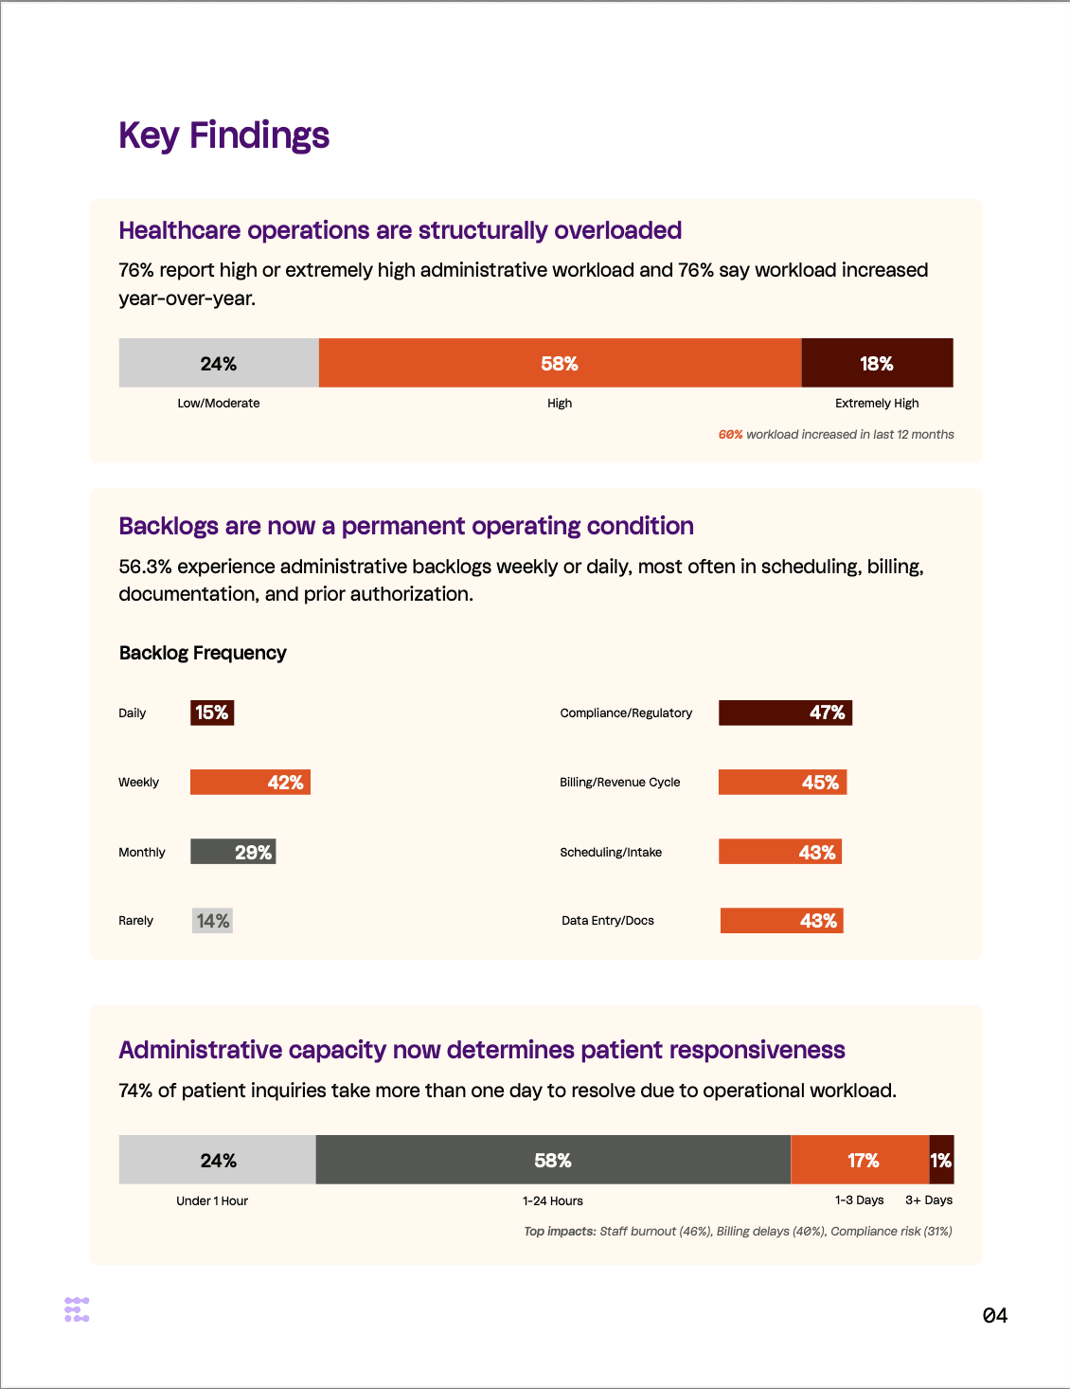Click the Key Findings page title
[223, 135]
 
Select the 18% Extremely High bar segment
[877, 363]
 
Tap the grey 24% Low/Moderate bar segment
[219, 363]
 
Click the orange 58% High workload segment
[560, 363]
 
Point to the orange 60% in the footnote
[730, 435]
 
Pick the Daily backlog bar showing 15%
[212, 713]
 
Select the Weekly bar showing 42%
[250, 783]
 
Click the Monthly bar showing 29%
[233, 852]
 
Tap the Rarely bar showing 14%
[212, 921]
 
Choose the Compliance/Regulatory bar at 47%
[785, 713]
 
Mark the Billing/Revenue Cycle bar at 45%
[782, 783]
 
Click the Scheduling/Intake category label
[611, 853]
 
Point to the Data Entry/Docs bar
[781, 921]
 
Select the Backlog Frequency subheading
[203, 653]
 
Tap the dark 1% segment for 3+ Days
[941, 1161]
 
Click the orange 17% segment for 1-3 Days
[860, 1161]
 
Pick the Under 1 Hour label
[212, 1201]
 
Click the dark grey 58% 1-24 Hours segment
[553, 1161]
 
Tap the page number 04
[994, 1315]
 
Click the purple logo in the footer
[77, 1309]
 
